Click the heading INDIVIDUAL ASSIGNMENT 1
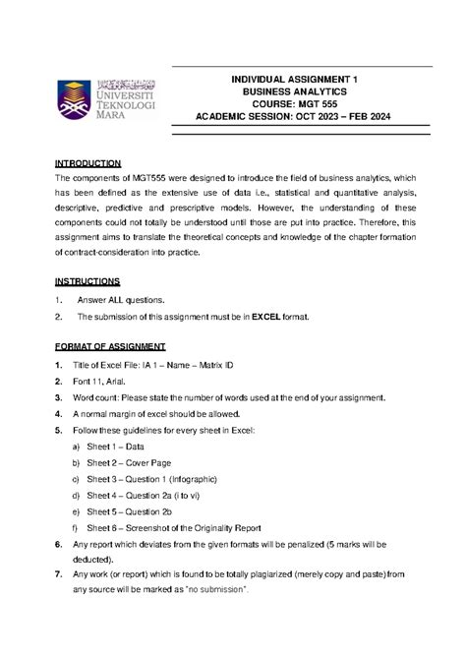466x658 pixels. [x=301, y=76]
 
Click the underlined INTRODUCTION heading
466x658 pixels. [x=87, y=162]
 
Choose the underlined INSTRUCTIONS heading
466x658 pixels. [x=87, y=281]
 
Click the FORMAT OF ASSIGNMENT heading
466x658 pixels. [x=110, y=347]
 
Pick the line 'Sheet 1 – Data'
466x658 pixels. [x=123, y=447]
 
